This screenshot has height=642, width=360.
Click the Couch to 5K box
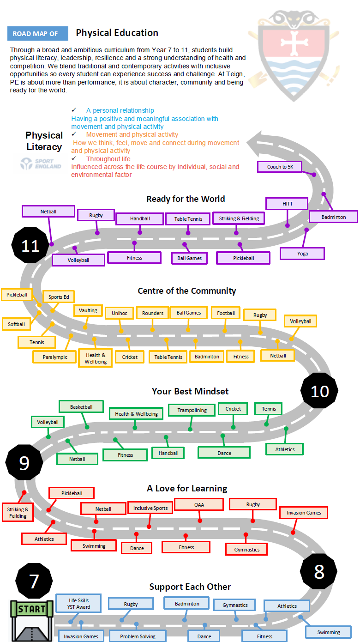tap(280, 167)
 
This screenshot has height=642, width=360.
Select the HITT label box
tap(287, 203)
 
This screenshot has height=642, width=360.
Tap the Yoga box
tap(302, 254)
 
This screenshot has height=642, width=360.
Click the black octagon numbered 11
tap(30, 246)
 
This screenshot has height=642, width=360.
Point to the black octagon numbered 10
tap(319, 391)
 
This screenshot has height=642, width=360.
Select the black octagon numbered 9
tap(24, 462)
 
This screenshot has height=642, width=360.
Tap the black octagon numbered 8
tap(319, 572)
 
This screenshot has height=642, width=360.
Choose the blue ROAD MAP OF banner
tap(37, 34)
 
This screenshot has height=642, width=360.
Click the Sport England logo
tap(41, 164)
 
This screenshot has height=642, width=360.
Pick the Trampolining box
tap(192, 410)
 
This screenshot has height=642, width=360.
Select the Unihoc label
tap(119, 313)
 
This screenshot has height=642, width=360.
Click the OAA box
tap(199, 505)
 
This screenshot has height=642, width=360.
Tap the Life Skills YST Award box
tap(78, 603)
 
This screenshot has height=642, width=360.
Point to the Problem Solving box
tap(138, 636)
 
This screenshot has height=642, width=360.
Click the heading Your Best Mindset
tap(190, 391)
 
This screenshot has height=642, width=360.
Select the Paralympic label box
tap(55, 357)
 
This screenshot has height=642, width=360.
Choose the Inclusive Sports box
tap(150, 508)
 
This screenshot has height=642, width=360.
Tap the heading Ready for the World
tap(186, 199)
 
